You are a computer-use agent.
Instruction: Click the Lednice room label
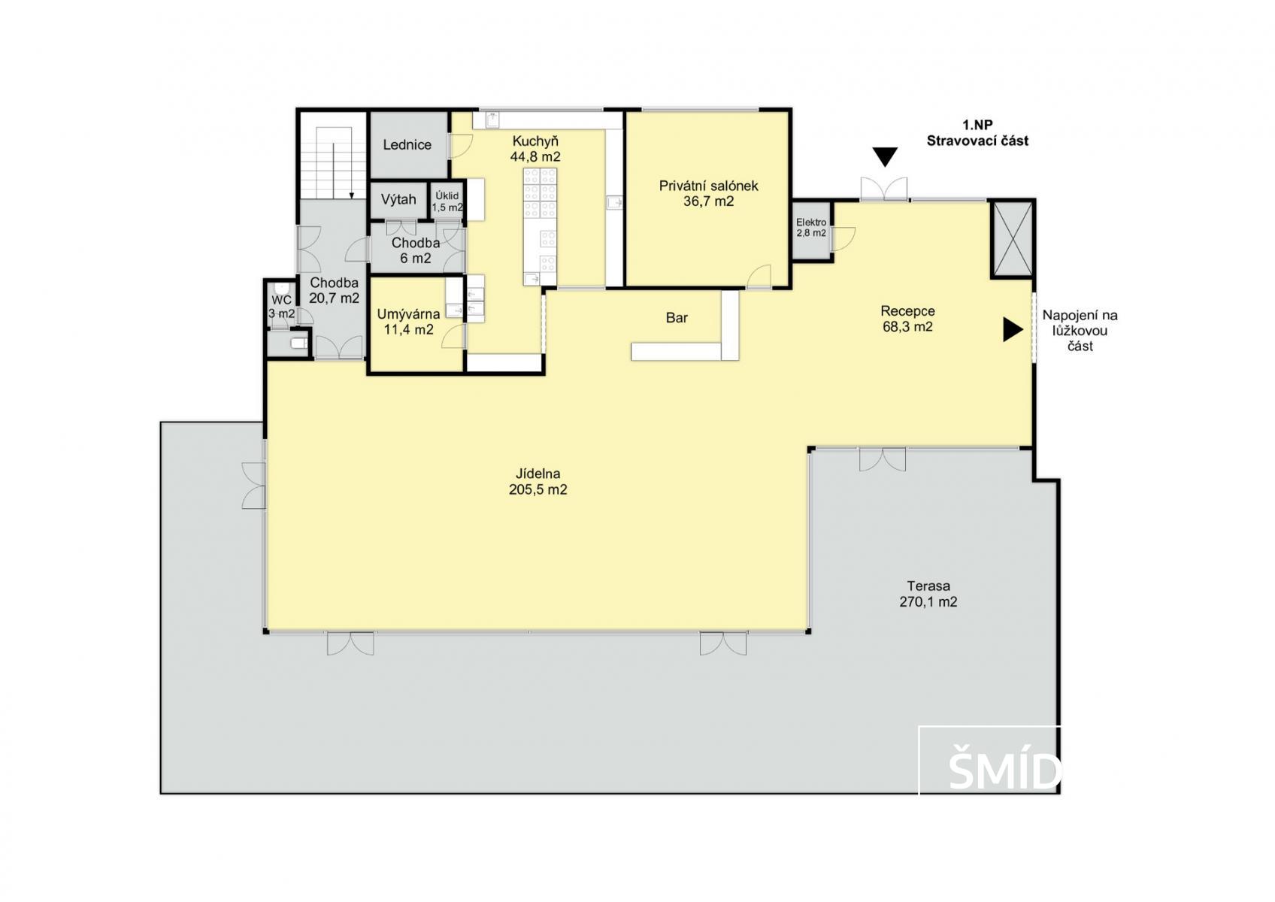tap(407, 144)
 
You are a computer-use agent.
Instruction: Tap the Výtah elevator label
tap(398, 199)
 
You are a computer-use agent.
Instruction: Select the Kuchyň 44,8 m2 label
tap(535, 149)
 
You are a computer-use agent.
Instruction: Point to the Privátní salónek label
tap(709, 193)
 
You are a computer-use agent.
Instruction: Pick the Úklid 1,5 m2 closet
tap(447, 201)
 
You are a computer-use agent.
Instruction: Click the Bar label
tap(677, 317)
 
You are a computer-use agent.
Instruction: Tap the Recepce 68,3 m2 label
tap(908, 319)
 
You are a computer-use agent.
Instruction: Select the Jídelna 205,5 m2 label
tap(538, 481)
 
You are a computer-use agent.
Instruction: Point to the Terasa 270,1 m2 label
tap(928, 594)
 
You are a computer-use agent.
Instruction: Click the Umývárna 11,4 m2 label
tap(409, 322)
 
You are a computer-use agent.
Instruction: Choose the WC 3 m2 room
tap(282, 307)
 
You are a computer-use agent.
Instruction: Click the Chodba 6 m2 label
tap(416, 250)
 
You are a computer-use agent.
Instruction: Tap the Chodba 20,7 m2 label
tap(334, 290)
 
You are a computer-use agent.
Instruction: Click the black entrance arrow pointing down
tap(885, 156)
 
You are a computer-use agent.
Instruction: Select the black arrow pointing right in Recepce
tap(1013, 329)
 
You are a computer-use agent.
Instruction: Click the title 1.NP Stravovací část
tap(977, 133)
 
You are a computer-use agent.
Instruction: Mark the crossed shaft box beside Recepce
tap(1012, 239)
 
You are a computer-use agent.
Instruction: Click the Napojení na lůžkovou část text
tap(1080, 331)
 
